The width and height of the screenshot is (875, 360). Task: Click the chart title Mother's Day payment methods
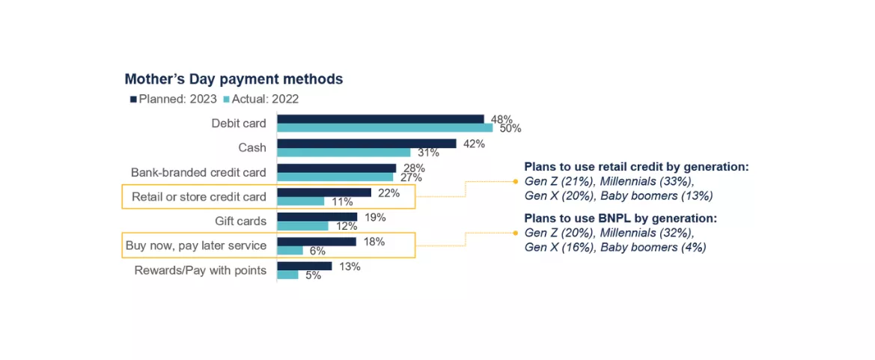coord(234,79)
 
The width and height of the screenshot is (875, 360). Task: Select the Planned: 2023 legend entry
coord(174,99)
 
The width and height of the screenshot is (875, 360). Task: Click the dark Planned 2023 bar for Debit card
coord(380,119)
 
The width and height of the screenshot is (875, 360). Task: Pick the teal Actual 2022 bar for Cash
coord(344,153)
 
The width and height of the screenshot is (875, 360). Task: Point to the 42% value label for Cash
coord(474,144)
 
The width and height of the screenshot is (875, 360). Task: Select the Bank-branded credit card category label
coord(198,172)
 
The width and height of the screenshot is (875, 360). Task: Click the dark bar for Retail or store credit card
coord(324,192)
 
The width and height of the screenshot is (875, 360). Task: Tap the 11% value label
coord(342,202)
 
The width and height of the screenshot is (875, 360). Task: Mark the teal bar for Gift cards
coord(302,226)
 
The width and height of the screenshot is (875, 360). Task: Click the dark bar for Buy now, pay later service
coord(317,242)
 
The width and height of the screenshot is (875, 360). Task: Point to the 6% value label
coord(317,251)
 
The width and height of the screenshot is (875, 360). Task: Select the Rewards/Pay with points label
coord(200,270)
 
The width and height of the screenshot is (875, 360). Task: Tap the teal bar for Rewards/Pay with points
coord(287,275)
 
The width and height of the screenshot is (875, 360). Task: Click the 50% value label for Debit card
coord(511,129)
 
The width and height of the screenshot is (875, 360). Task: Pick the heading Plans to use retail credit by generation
coord(636,166)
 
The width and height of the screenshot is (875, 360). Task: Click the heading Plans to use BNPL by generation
coord(621,219)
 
